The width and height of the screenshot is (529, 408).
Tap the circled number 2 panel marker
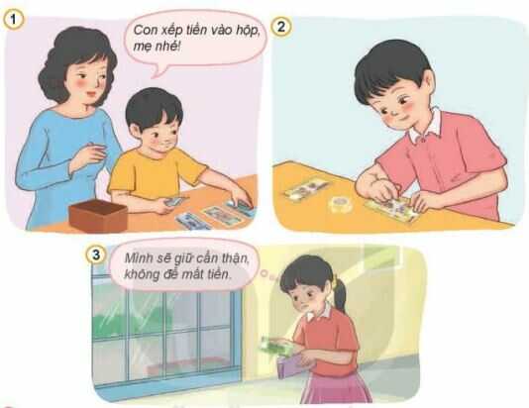click(x=281, y=27)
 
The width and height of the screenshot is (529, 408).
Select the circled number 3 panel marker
click(x=97, y=255)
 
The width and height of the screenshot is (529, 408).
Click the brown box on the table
click(x=97, y=215)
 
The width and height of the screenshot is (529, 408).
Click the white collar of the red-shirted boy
click(x=426, y=124)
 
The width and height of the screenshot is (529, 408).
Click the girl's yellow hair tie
click(x=334, y=282)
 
